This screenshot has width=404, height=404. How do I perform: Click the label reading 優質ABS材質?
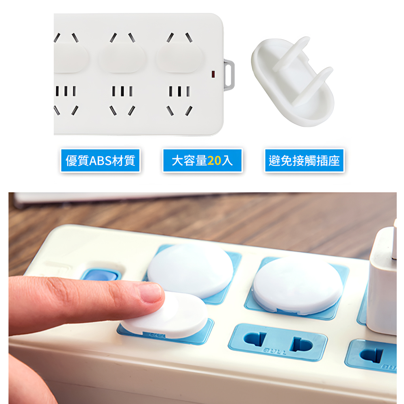pyautogui.click(x=100, y=160)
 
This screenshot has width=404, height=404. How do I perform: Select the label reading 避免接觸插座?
pyautogui.click(x=304, y=160)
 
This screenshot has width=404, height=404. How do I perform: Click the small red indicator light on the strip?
pyautogui.click(x=213, y=74)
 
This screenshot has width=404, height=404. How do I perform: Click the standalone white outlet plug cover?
pyautogui.click(x=293, y=83)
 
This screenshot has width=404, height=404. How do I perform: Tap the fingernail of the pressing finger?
pyautogui.click(x=150, y=293)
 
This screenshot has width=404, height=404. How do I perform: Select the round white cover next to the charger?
pyautogui.click(x=298, y=285)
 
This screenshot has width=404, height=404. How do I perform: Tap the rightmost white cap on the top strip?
pyautogui.click(x=179, y=58)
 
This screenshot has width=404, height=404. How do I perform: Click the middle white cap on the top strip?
pyautogui.click(x=122, y=58)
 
